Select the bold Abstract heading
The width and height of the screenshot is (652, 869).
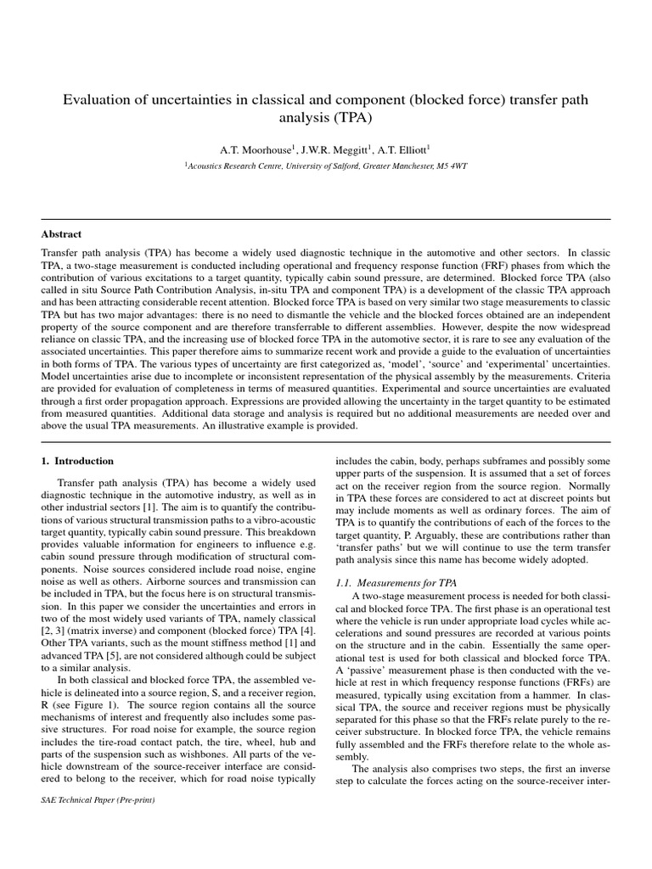(x=61, y=233)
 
